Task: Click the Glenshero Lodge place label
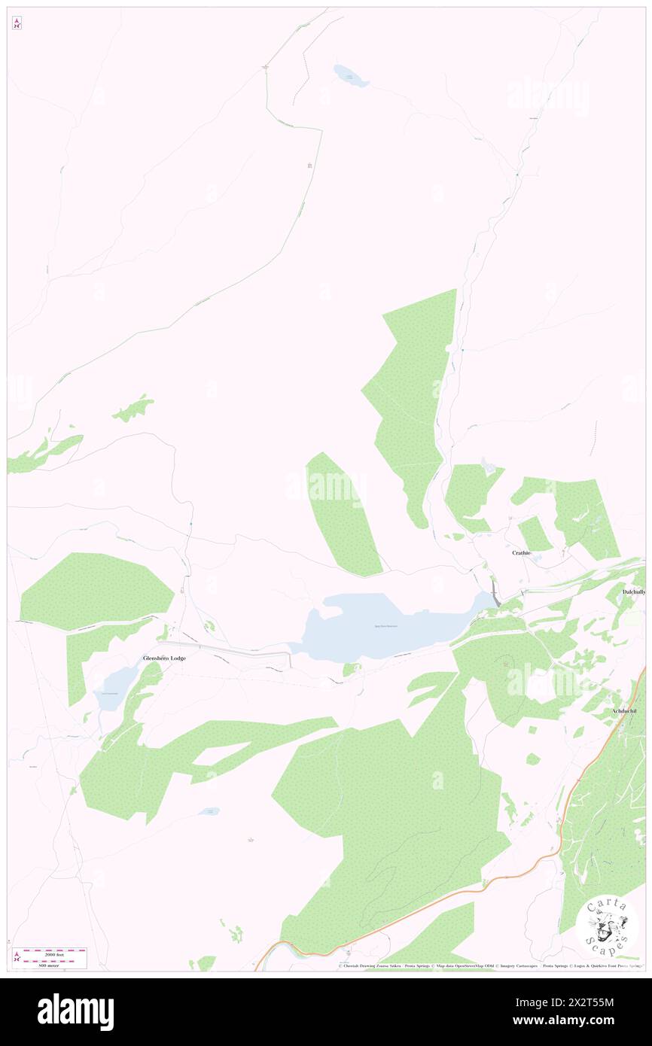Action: [x=164, y=658]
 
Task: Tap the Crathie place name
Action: [x=522, y=552]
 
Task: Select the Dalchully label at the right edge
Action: [x=634, y=592]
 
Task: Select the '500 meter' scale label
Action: [x=50, y=965]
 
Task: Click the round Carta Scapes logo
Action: [x=607, y=926]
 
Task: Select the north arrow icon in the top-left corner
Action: [x=17, y=23]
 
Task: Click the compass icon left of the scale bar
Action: [x=17, y=957]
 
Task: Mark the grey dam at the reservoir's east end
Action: [x=494, y=592]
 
